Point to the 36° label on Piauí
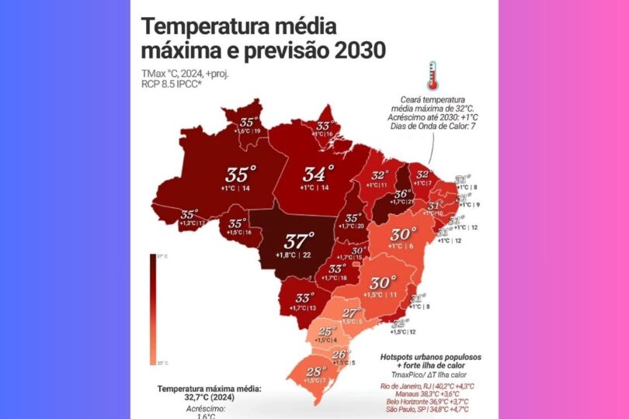pos(402,194)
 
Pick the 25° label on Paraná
pos(326,331)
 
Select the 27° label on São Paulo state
pos(350,313)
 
